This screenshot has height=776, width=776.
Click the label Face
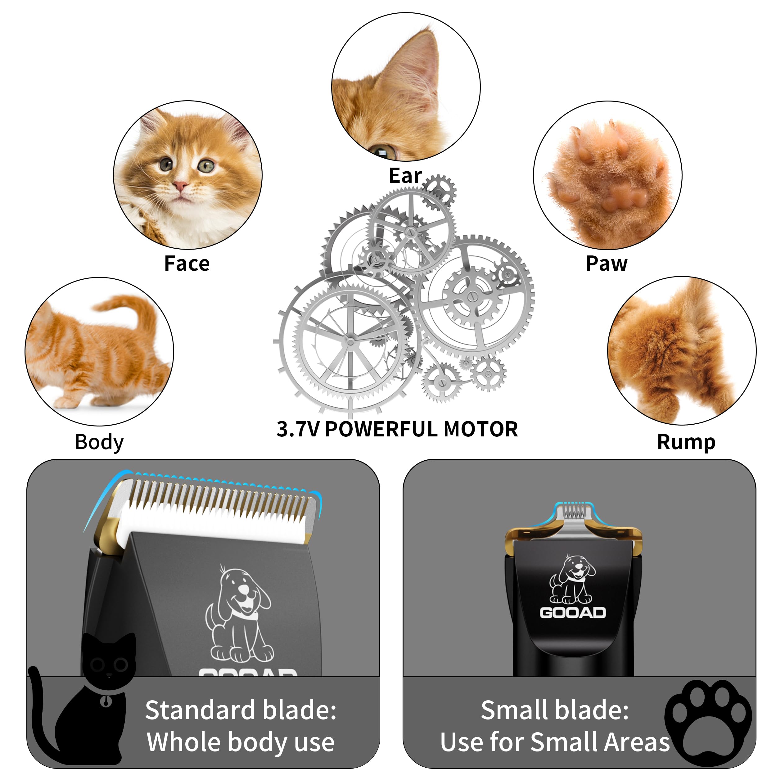187,264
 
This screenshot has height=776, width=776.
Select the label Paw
606,264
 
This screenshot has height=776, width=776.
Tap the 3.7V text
298,429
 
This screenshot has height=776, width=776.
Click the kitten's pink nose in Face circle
180,185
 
